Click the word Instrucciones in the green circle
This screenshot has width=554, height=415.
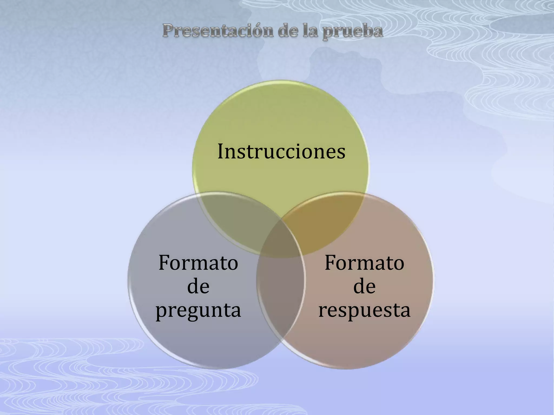click(x=281, y=151)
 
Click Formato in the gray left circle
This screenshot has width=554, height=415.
click(x=198, y=263)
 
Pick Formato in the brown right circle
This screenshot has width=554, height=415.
click(x=364, y=263)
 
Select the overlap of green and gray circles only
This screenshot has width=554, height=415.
click(x=238, y=219)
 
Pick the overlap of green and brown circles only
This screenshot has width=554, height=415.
click(x=325, y=219)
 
